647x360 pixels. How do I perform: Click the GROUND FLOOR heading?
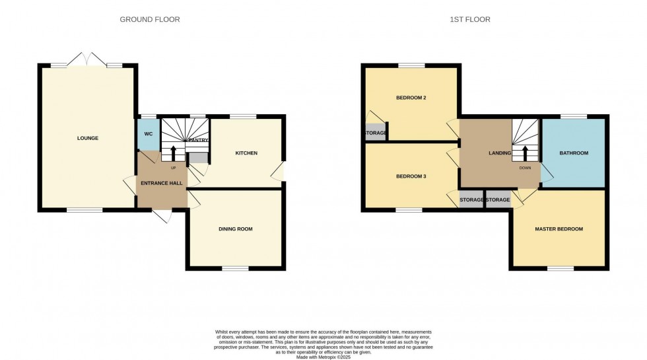pos(149,20)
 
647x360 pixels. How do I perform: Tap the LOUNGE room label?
pos(87,138)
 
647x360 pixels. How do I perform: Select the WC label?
pos(149,134)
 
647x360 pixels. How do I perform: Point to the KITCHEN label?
pos(246,153)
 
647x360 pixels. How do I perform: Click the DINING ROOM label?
pos(236,229)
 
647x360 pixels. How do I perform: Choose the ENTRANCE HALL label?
pos(162,183)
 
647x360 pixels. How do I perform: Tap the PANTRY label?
pos(199,140)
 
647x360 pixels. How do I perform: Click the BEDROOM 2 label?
pos(411,98)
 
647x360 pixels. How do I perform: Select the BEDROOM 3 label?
pos(411,176)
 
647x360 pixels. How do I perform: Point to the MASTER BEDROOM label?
pos(559,229)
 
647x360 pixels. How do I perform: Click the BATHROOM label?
pos(573,153)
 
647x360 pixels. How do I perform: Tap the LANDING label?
pos(500,153)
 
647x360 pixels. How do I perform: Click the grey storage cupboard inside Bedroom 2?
pos(376,132)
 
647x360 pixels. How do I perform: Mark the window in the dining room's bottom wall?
pos(235,268)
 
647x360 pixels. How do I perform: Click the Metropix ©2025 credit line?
pos(323,357)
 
